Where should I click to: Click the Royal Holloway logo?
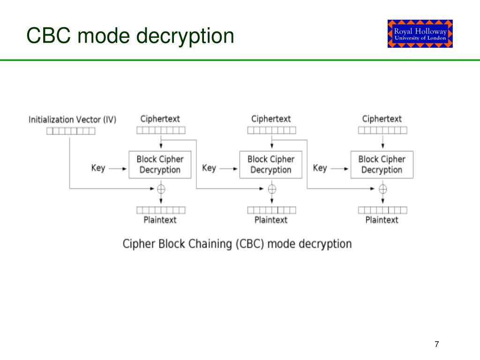click(420, 34)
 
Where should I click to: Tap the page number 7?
click(437, 344)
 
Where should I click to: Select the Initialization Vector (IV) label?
click(73, 120)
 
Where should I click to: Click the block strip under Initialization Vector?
click(71, 131)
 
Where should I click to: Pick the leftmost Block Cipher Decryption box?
click(160, 165)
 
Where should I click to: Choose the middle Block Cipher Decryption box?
click(271, 165)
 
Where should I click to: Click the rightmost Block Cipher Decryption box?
click(382, 165)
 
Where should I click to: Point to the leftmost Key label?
click(98, 168)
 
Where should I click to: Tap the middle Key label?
click(209, 168)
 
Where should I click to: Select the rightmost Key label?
click(320, 168)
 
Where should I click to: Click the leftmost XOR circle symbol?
click(161, 189)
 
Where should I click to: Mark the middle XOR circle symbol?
click(272, 189)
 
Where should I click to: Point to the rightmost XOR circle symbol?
click(382, 189)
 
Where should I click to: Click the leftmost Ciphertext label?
click(160, 119)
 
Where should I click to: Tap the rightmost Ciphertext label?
click(382, 119)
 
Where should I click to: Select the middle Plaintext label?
click(271, 220)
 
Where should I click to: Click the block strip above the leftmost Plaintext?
click(161, 210)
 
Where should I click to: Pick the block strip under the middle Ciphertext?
click(272, 130)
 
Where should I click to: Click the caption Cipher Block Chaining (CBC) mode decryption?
click(237, 244)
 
